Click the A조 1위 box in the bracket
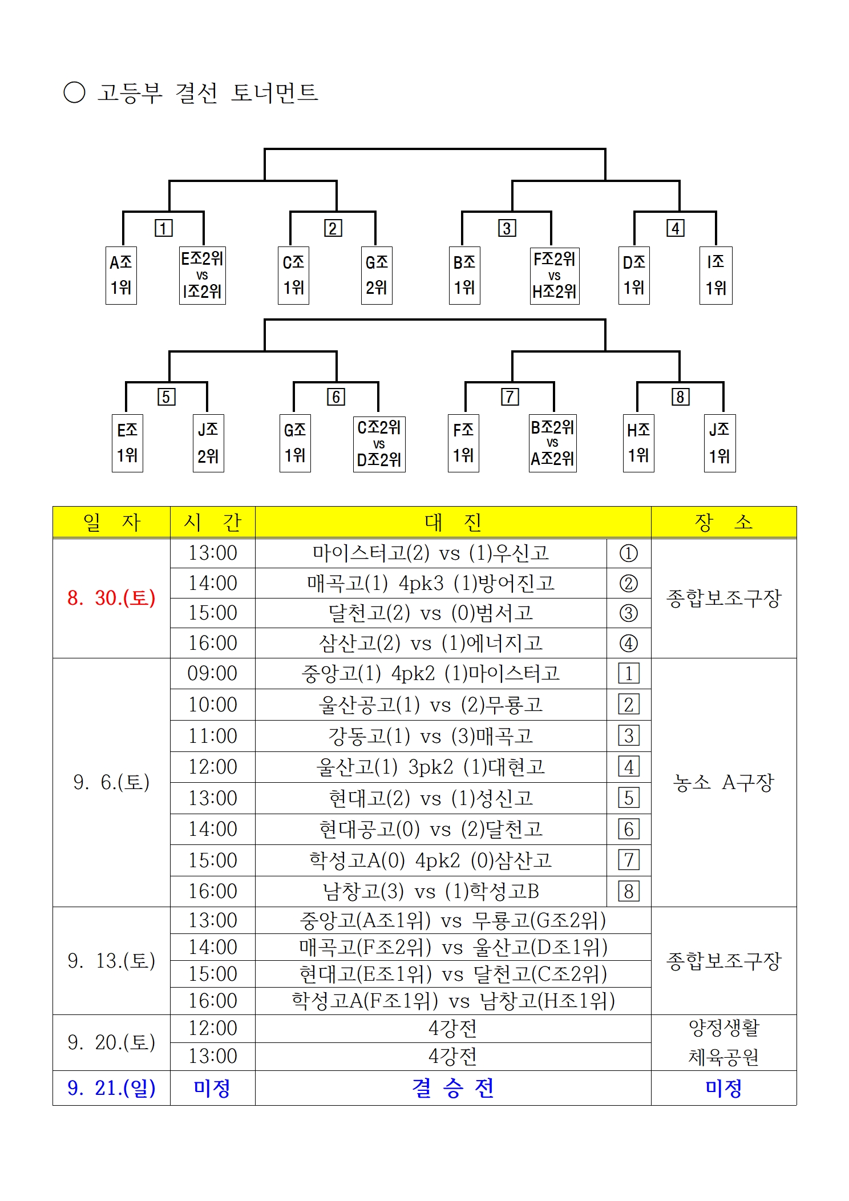click(121, 275)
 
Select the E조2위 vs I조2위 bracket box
click(202, 275)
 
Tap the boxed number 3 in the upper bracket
click(507, 228)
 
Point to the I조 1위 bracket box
click(716, 275)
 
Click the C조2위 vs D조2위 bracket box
click(379, 444)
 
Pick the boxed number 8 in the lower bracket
click(680, 397)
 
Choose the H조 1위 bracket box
click(638, 443)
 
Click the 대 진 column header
click(453, 522)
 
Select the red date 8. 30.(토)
click(111, 598)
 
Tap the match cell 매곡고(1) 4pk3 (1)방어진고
click(431, 583)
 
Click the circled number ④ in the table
click(629, 644)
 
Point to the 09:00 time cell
click(212, 673)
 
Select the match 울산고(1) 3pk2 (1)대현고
click(431, 767)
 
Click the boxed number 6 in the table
click(629, 829)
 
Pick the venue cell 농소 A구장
click(723, 782)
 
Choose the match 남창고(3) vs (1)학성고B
click(431, 891)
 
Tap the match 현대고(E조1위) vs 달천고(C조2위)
click(453, 974)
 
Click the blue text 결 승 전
click(453, 1088)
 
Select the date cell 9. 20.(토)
click(111, 1042)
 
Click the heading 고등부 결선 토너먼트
click(208, 92)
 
